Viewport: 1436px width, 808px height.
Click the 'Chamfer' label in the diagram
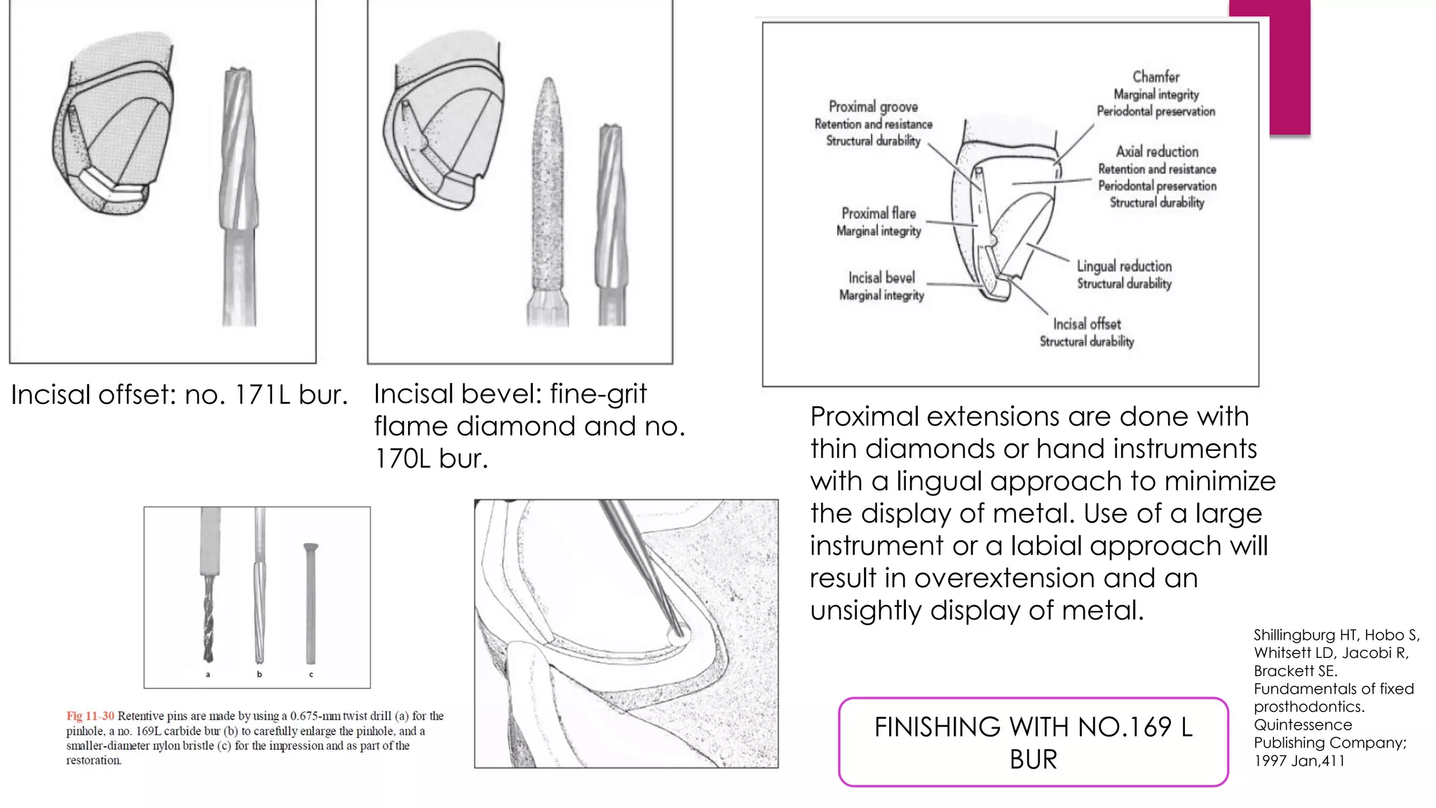tap(1156, 76)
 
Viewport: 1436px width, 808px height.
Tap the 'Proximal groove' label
tap(873, 107)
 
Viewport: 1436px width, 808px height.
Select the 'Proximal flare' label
tap(879, 213)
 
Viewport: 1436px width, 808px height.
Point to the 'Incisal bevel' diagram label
tap(881, 278)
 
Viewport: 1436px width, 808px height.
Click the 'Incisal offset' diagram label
tap(1087, 324)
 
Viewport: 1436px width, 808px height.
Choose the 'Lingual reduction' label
tap(1124, 267)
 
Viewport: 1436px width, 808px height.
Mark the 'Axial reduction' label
tap(1157, 151)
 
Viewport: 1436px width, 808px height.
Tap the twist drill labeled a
tap(208, 617)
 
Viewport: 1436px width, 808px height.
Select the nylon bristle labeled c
tap(311, 603)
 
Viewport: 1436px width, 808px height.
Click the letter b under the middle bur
tap(259, 675)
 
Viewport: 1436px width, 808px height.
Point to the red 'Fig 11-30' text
tap(90, 716)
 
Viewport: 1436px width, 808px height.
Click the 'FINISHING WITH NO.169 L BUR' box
tap(1033, 742)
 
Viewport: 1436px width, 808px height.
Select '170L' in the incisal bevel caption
tap(402, 459)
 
